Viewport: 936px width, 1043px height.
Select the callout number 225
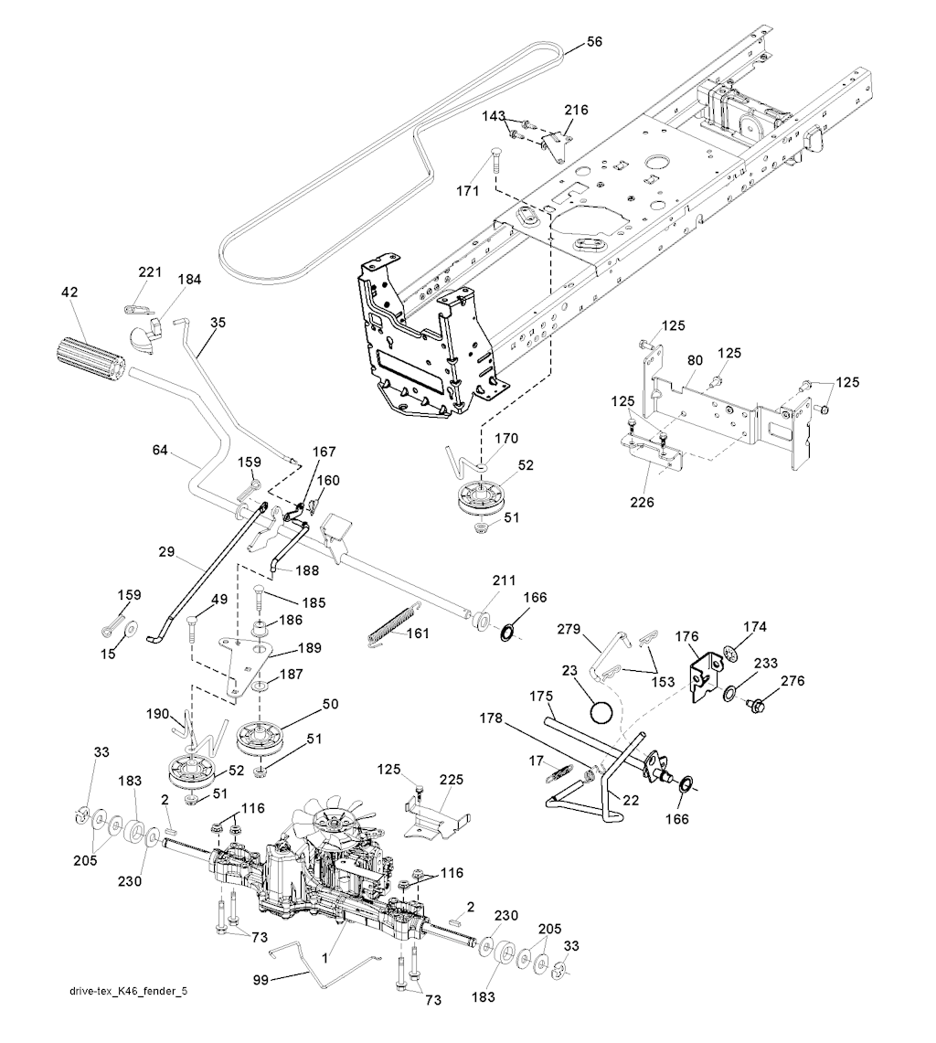coord(452,780)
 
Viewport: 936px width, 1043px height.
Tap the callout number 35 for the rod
coord(217,322)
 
